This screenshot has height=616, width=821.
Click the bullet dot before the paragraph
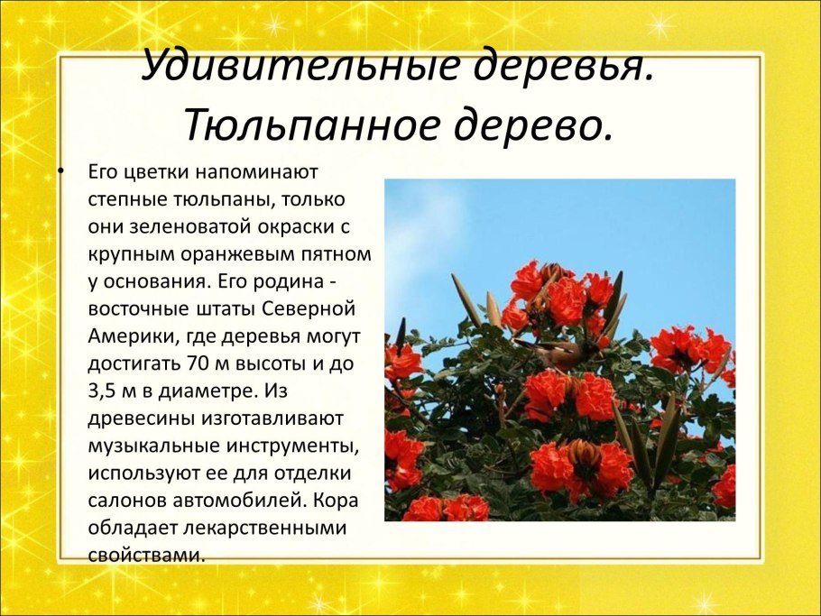tap(61, 170)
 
